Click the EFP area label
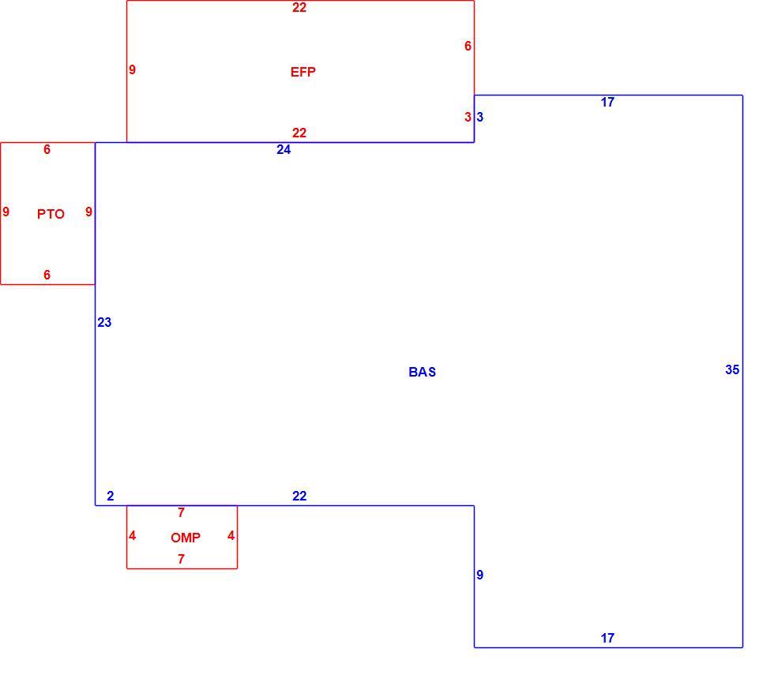(302, 72)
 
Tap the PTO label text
(51, 214)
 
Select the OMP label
(186, 538)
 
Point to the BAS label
(422, 372)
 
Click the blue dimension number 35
(732, 369)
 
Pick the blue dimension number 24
(284, 149)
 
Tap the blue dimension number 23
(104, 322)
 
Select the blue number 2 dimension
(110, 496)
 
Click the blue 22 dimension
(299, 496)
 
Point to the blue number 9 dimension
(480, 575)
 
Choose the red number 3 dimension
(468, 117)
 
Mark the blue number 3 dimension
(480, 117)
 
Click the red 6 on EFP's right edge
(468, 46)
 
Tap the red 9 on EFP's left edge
(132, 69)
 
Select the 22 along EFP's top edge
(299, 7)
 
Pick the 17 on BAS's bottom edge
(607, 638)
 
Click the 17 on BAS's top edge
(607, 102)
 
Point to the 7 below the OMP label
(181, 559)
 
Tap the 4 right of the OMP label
(231, 535)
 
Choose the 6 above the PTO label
(47, 149)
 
